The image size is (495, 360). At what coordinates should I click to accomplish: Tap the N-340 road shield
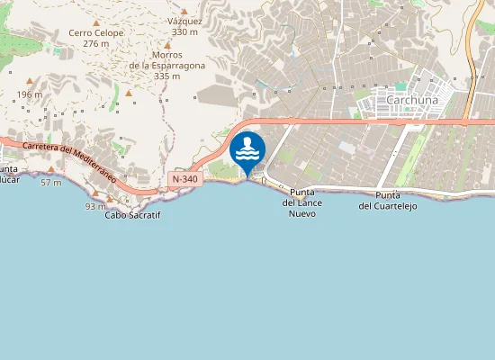pos(184,180)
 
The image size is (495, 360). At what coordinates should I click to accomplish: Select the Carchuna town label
pos(411,100)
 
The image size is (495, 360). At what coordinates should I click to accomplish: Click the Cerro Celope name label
pos(95,33)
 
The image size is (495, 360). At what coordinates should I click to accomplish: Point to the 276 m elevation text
pos(95,44)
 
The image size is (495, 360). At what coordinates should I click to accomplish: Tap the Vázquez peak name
pos(185,21)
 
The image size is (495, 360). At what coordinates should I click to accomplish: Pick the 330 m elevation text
pos(184,31)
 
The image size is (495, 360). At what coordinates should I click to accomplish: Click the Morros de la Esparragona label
pos(166,60)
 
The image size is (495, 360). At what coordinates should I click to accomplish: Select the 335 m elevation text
pos(166,76)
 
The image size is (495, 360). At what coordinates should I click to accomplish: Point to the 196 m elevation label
pos(29,94)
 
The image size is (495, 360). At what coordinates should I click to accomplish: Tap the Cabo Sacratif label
pos(132,215)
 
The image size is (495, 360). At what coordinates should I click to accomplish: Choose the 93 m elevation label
pos(94,206)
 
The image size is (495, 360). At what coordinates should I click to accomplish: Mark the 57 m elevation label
pos(51,183)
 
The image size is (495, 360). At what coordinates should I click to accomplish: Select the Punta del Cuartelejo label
pos(388,201)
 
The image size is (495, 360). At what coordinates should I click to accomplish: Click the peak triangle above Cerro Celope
pos(95,22)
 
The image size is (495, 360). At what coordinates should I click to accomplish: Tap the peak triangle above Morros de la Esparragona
pos(166,42)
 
